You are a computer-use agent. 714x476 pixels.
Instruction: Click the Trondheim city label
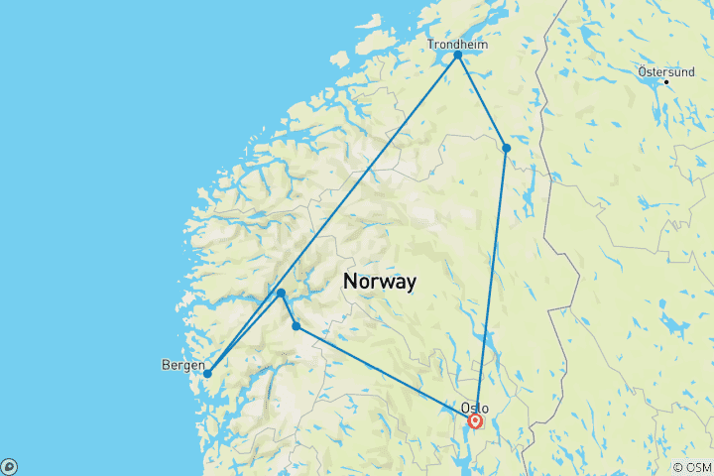(x=457, y=44)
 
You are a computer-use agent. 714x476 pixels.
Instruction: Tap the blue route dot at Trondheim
(x=458, y=55)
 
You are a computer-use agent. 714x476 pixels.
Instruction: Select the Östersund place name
(x=664, y=71)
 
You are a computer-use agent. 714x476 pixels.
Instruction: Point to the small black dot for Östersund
(x=667, y=81)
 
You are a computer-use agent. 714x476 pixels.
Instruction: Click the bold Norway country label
(x=380, y=281)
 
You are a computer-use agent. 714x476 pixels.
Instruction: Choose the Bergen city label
(x=182, y=365)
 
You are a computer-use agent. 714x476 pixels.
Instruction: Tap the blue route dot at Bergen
(x=207, y=374)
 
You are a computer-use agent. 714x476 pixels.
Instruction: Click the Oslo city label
(x=474, y=408)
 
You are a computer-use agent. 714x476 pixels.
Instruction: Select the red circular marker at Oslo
(x=475, y=420)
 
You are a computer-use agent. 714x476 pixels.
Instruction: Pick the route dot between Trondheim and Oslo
(x=506, y=148)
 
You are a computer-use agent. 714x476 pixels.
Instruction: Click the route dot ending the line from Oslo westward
(x=296, y=326)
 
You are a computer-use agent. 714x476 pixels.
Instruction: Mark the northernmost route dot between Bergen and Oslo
(x=282, y=293)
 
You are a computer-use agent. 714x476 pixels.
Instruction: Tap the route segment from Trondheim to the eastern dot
(x=482, y=101)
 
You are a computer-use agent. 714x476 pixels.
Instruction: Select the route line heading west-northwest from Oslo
(x=387, y=374)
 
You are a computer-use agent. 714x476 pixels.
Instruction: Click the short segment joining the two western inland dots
(x=289, y=309)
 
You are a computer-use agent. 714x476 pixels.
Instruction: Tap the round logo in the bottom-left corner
(x=9, y=466)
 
